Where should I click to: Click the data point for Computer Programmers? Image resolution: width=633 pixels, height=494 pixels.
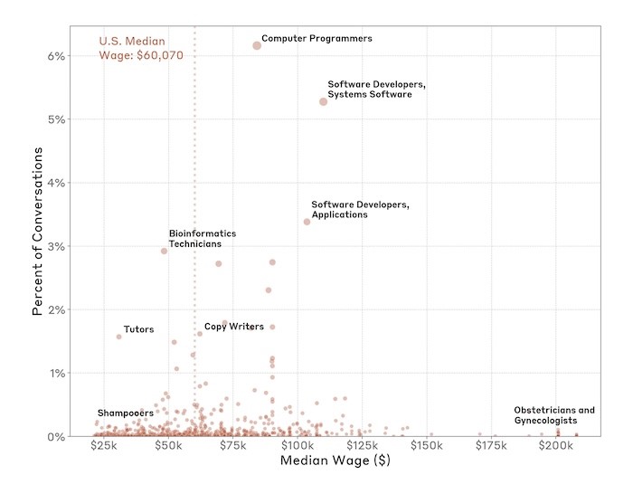click(257, 45)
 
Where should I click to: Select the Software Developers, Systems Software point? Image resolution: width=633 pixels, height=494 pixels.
click(323, 101)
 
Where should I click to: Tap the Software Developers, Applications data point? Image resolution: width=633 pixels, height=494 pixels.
click(307, 222)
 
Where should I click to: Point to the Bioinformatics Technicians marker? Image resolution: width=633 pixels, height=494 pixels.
click(164, 251)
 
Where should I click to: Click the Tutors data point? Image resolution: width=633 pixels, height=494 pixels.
click(118, 337)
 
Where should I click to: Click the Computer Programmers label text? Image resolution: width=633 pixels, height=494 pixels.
click(316, 39)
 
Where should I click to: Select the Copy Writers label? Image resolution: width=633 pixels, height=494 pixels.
click(233, 327)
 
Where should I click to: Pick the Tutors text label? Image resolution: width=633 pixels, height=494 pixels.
click(138, 329)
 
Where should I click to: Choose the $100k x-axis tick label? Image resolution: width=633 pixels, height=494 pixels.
click(297, 450)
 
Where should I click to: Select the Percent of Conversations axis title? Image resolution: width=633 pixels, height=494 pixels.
click(38, 233)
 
